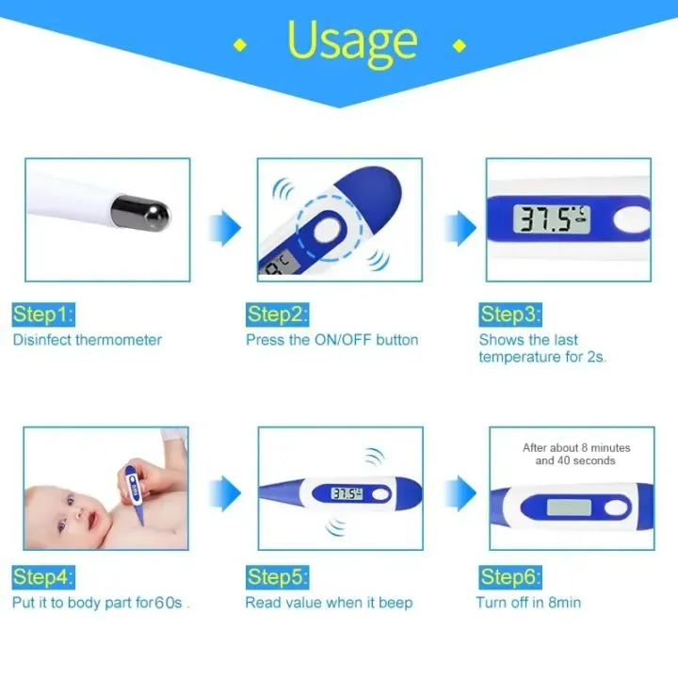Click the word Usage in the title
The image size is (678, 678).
[351, 40]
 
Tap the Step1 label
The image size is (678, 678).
[42, 314]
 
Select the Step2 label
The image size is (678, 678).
[277, 314]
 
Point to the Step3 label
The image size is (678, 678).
[509, 314]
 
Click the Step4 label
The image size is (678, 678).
[42, 576]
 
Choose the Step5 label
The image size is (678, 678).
[277, 576]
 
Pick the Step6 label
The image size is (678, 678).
[509, 576]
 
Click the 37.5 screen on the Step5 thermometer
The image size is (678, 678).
[347, 493]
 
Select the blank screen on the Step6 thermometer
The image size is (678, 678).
[570, 508]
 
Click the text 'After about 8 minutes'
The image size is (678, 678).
[576, 447]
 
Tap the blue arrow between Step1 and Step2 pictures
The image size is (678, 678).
[225, 225]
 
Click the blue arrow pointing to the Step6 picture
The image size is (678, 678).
[459, 490]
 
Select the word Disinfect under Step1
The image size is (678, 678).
[42, 340]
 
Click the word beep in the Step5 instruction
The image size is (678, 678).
[395, 603]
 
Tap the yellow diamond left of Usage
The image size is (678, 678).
[241, 44]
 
